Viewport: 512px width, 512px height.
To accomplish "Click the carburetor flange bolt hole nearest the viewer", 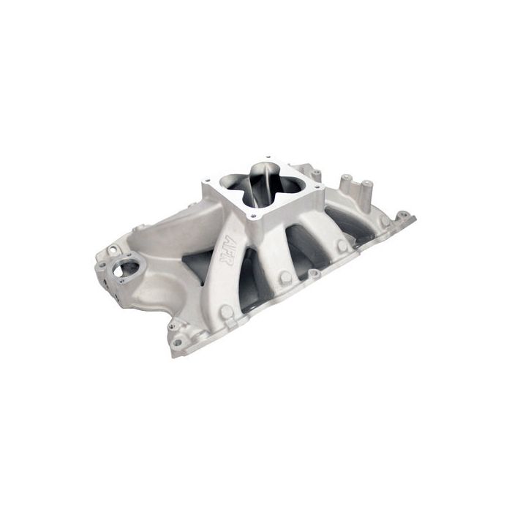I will tap(253, 217).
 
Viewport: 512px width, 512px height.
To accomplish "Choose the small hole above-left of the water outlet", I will tap(113, 250).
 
